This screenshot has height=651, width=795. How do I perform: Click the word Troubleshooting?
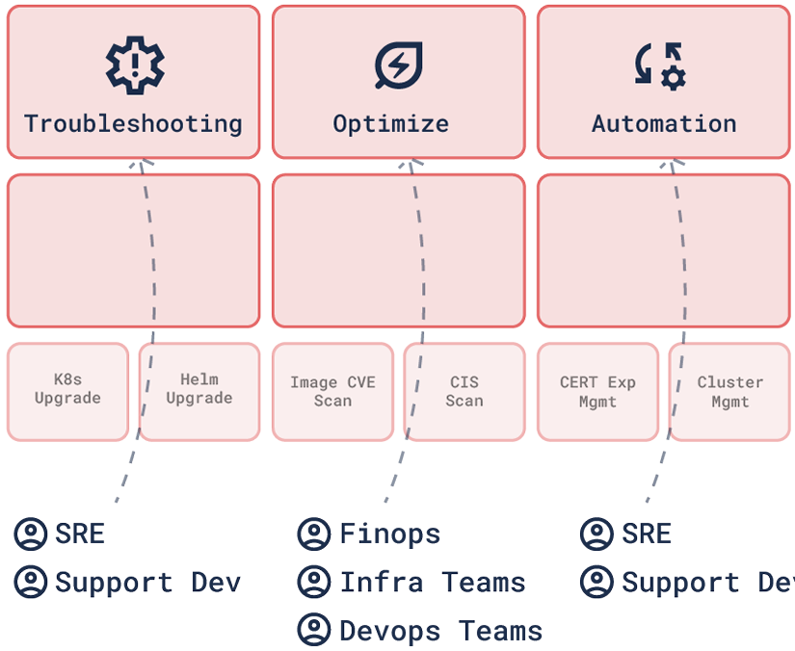[x=133, y=124]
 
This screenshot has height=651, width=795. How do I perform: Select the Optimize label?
[x=390, y=124]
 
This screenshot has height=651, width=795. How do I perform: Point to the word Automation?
[x=664, y=124]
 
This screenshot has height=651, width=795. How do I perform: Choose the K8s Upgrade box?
[x=67, y=390]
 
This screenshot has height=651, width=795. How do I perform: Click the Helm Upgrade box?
[x=199, y=390]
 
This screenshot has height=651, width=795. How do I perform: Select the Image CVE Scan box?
[x=332, y=391]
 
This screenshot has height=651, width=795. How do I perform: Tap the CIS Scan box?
[x=464, y=391]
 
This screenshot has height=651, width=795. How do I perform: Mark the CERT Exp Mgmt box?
[x=597, y=391]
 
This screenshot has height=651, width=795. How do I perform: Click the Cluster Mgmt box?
[x=729, y=391]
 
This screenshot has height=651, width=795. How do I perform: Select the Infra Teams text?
[x=432, y=583]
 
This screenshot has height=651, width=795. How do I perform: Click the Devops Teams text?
[x=440, y=631]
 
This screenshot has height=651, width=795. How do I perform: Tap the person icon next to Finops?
[x=313, y=534]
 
